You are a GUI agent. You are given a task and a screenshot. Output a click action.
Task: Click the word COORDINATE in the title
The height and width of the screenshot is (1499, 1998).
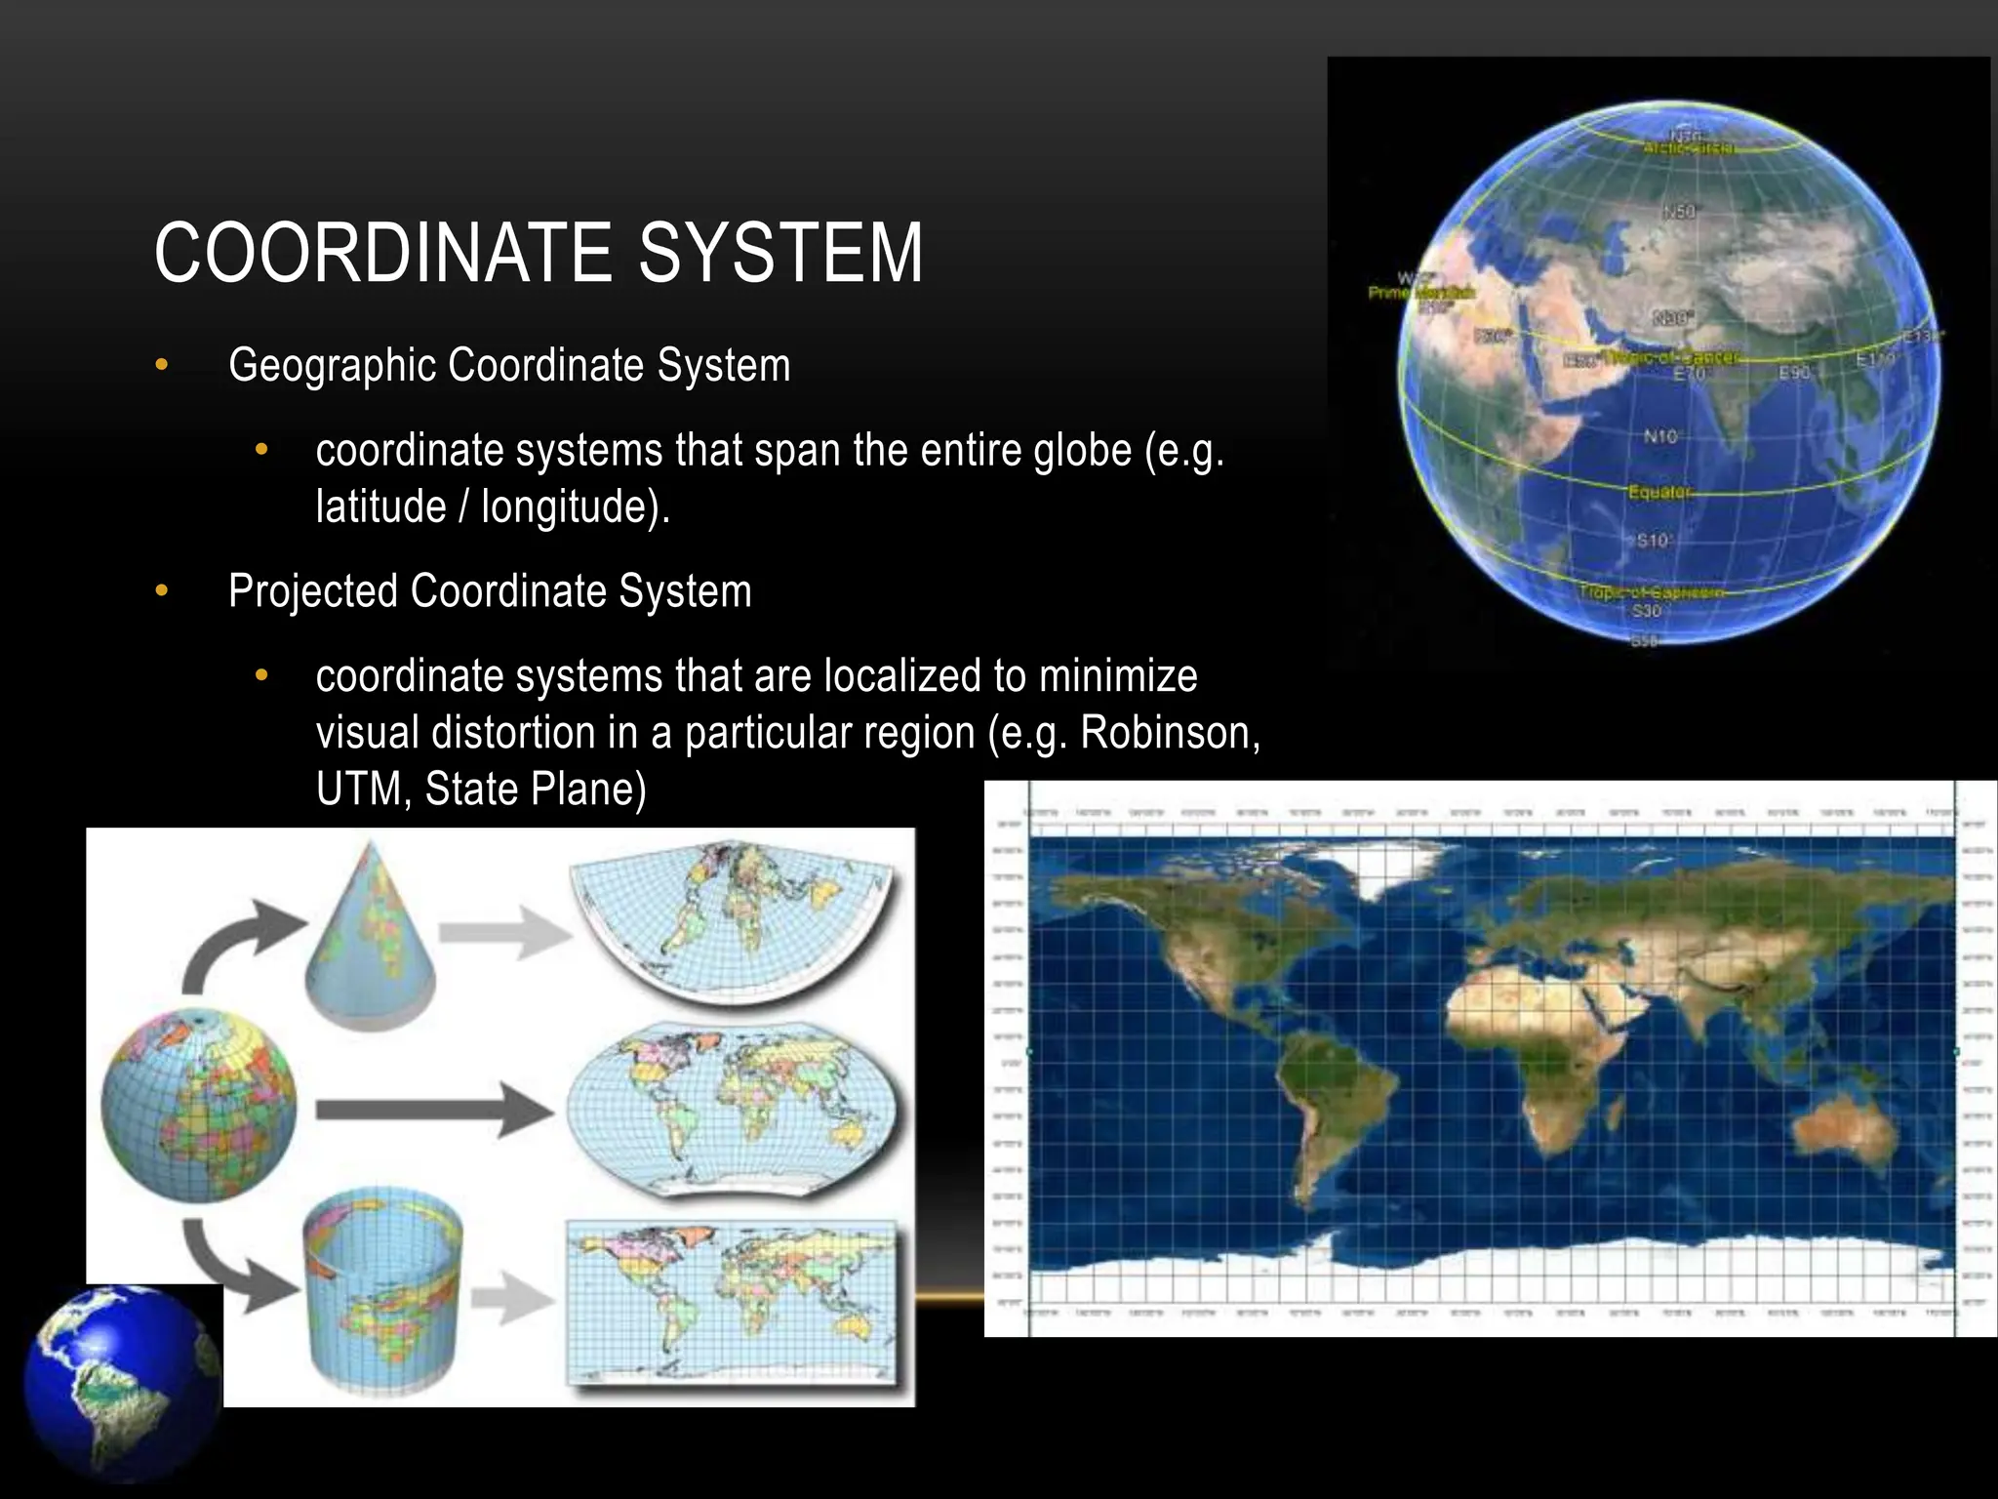point(382,254)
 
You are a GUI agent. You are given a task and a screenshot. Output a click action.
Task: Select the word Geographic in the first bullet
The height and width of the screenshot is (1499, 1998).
point(332,366)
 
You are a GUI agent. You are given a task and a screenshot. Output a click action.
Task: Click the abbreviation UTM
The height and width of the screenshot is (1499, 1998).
point(358,789)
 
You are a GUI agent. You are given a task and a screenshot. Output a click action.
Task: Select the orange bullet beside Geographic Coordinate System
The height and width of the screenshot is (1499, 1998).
point(162,366)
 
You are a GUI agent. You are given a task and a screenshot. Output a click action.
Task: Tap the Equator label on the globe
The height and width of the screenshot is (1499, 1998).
point(1658,492)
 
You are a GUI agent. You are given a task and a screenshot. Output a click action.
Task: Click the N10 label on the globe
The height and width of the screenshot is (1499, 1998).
point(1660,436)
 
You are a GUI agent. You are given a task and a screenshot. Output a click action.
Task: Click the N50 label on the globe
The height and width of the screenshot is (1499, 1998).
point(1679,212)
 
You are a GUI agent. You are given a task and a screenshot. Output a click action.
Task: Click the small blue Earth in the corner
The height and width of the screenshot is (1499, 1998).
point(117,1386)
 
